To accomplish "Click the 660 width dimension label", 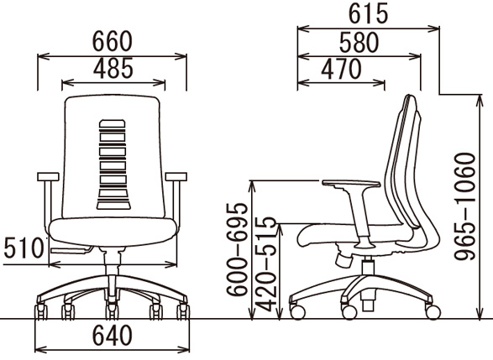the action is pyautogui.click(x=113, y=41).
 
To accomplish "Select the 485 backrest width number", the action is pyautogui.click(x=113, y=68).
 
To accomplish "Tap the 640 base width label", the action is pyautogui.click(x=113, y=335).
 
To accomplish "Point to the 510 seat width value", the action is pyautogui.click(x=23, y=248).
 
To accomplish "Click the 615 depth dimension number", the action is pyautogui.click(x=368, y=14).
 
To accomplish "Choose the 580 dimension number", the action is pyautogui.click(x=359, y=43).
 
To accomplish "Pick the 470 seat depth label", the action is pyautogui.click(x=341, y=69).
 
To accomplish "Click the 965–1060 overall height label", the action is pyautogui.click(x=465, y=206).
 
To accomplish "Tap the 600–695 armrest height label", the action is pyautogui.click(x=238, y=250).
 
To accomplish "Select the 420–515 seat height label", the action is pyautogui.click(x=266, y=263).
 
